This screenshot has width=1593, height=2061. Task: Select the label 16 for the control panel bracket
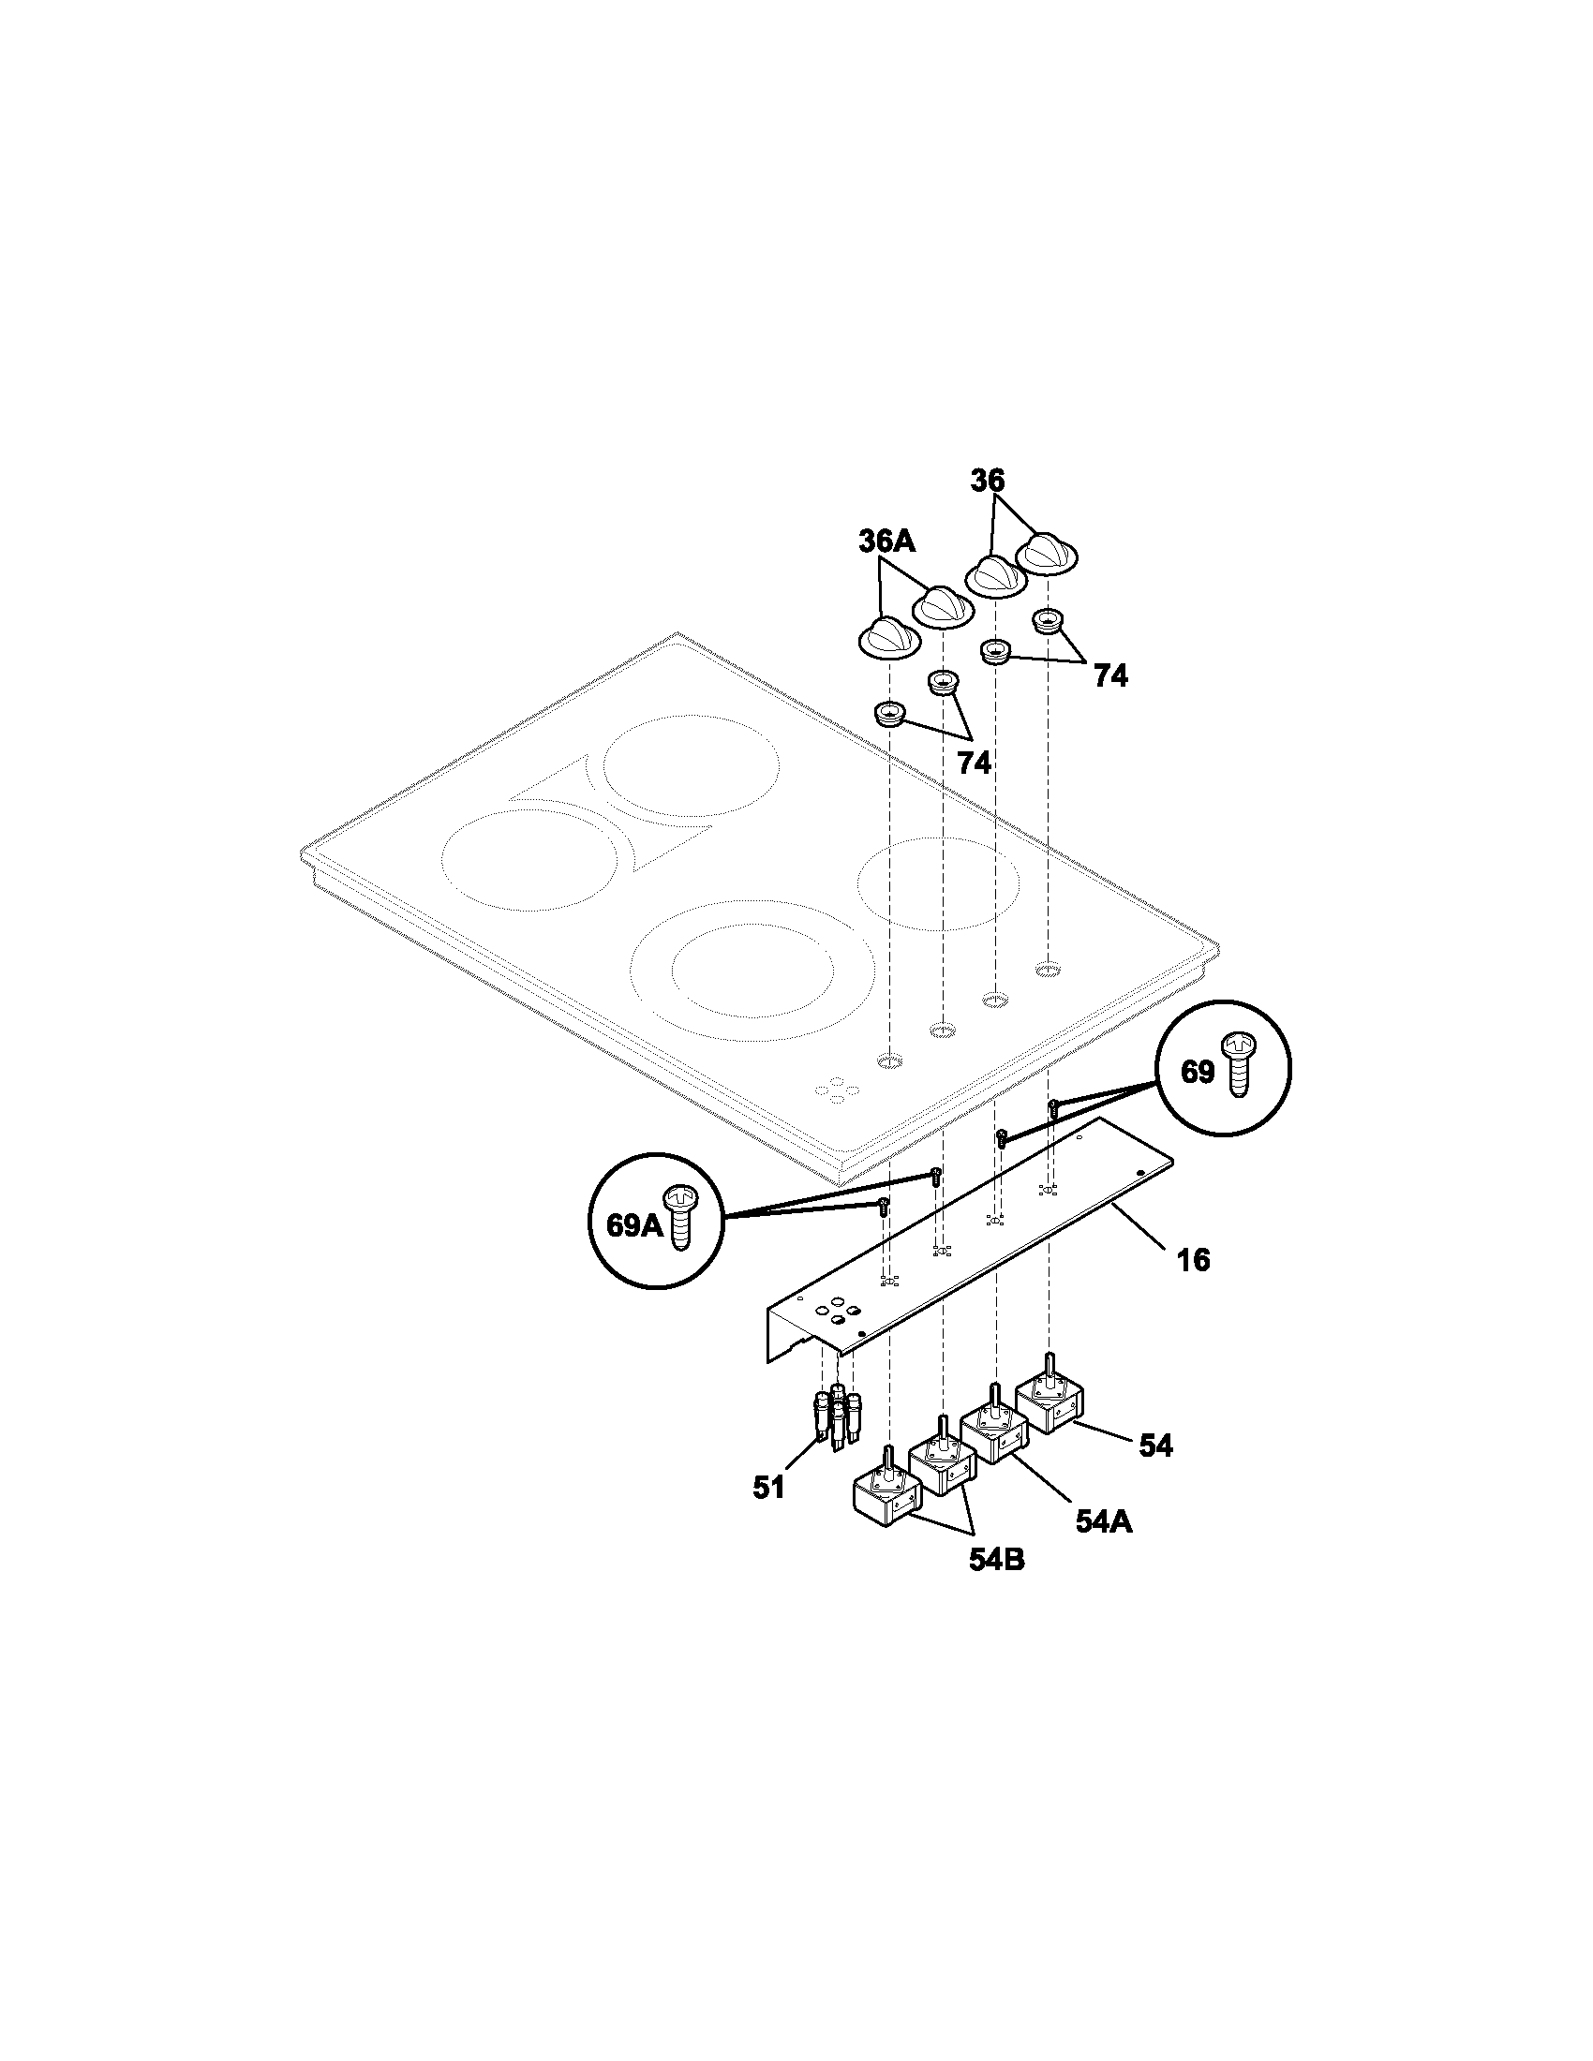pos(1194,1259)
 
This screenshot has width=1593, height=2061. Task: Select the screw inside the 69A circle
pos(680,1218)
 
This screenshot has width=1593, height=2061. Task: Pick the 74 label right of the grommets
pos(1110,675)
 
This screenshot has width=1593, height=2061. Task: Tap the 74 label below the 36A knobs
pos(975,763)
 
